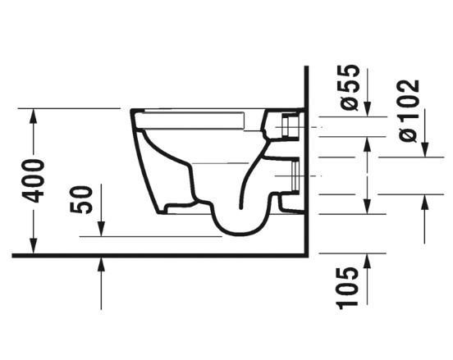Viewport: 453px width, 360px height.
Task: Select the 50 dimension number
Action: point(83,199)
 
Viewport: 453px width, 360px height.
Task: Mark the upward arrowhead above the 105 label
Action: point(366,261)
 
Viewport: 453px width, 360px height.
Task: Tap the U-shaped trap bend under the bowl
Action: point(240,220)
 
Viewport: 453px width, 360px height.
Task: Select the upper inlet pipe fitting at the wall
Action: point(289,127)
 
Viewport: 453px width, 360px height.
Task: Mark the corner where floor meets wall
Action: point(305,254)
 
